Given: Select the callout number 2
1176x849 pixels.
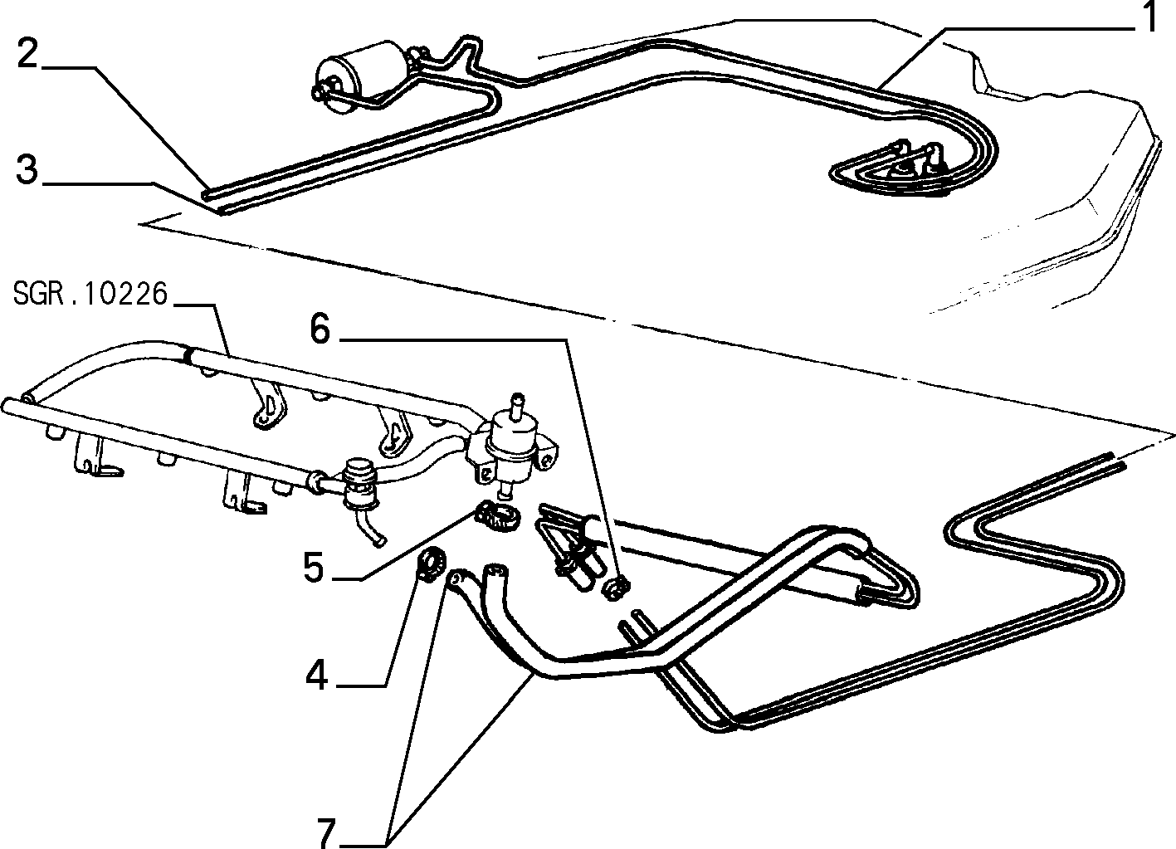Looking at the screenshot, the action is (x=28, y=54).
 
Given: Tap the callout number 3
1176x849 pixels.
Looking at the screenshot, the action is (x=27, y=169).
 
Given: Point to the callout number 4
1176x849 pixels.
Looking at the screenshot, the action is (x=316, y=676).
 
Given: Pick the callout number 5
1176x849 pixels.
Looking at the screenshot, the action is (x=314, y=568).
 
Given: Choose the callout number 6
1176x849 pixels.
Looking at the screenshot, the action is (x=320, y=329).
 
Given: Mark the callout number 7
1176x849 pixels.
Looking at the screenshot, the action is (x=326, y=833).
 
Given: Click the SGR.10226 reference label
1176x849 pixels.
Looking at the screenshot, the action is (x=90, y=294).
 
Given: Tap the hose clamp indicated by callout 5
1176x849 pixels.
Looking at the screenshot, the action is (x=497, y=515).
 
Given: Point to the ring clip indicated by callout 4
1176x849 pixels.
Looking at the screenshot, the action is (x=432, y=564).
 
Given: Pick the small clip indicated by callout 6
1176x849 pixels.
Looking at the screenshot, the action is (x=615, y=588).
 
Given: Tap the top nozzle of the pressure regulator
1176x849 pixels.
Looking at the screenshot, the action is (x=518, y=405).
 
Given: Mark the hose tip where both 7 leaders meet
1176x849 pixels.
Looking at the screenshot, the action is (x=454, y=580).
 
